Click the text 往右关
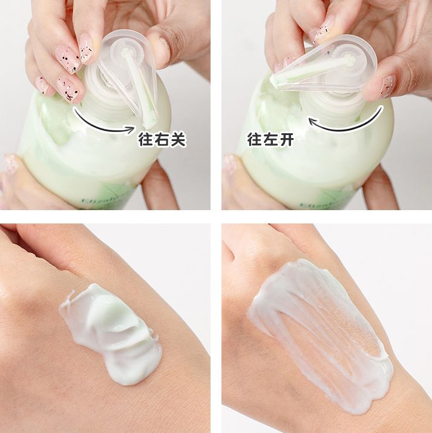[162, 140]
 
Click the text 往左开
[270, 140]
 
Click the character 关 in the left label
[177, 140]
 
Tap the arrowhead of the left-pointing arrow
[312, 121]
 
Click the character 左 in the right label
[270, 140]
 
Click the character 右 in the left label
[162, 140]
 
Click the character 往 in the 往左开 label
[254, 140]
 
